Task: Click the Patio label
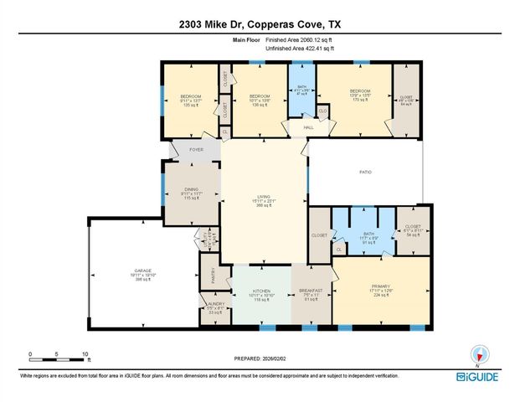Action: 365,172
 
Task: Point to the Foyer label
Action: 197,150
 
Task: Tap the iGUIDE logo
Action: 480,378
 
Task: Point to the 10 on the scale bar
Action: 85,353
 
